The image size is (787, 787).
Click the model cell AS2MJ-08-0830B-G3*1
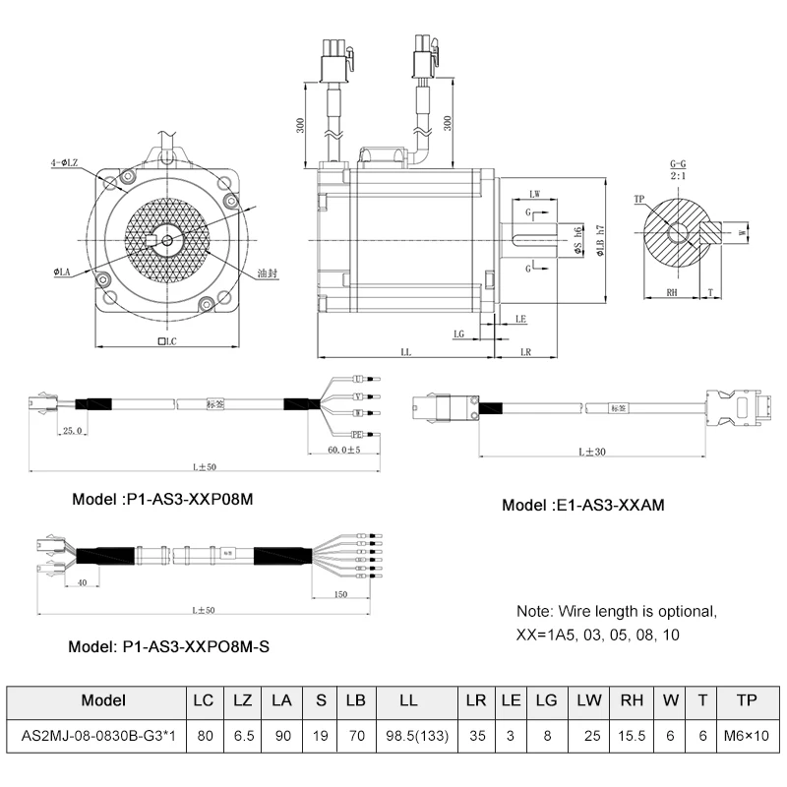97,735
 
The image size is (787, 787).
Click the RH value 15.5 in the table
633,735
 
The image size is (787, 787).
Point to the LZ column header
242,700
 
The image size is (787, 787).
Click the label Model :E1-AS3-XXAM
583,506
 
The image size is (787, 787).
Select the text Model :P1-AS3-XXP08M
163,499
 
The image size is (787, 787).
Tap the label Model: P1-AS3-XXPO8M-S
168,647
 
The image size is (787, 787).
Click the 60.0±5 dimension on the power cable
342,450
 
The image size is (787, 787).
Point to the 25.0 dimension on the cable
72,430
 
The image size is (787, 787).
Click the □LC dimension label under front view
166,341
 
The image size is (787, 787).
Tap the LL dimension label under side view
405,351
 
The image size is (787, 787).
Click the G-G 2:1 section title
678,169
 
